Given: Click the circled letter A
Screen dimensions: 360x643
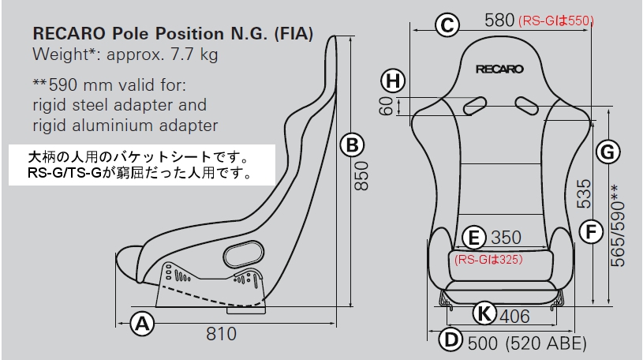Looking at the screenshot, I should coord(142,322).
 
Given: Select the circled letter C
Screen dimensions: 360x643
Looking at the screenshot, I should coord(447,24).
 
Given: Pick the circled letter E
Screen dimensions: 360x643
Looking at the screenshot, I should coord(473,236).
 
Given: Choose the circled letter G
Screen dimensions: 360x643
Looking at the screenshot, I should coord(607,152).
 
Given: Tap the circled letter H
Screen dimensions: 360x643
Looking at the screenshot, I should coord(392,80).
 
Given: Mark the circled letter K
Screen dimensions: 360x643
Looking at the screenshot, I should coord(485,314).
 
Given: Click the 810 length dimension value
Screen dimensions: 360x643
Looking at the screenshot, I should coord(222,334).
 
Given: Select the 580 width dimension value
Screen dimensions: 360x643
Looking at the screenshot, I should coord(499,21).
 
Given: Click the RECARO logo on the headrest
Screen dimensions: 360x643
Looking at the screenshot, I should coord(499,69).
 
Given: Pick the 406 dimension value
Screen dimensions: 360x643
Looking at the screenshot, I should coord(514,317).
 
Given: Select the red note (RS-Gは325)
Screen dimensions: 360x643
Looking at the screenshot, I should coord(489,257).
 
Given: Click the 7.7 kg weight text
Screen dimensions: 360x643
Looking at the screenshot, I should coord(193,56).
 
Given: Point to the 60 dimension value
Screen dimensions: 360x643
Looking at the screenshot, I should coord(386,106).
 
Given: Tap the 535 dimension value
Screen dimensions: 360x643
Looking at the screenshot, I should coord(585,193).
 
